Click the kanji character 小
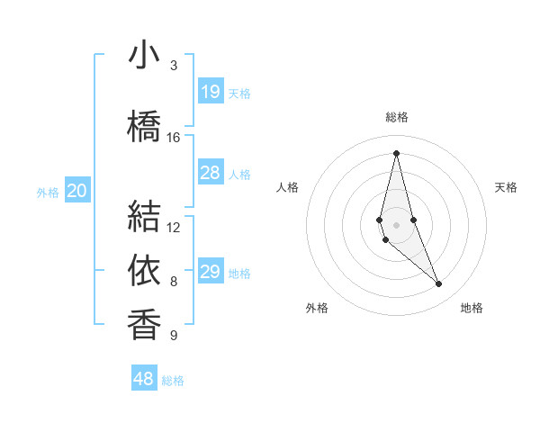(144, 57)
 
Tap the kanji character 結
(144, 215)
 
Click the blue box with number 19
(211, 92)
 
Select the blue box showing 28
(211, 173)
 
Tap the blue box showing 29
(211, 272)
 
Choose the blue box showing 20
(77, 191)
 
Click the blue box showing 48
(144, 379)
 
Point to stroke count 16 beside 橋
(174, 138)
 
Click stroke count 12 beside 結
(174, 227)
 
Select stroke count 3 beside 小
(174, 66)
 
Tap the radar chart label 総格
(397, 117)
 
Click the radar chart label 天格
(507, 187)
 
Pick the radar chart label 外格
(317, 308)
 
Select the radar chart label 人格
(287, 187)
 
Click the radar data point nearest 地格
(439, 284)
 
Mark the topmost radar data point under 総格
(396, 153)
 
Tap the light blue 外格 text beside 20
(48, 192)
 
